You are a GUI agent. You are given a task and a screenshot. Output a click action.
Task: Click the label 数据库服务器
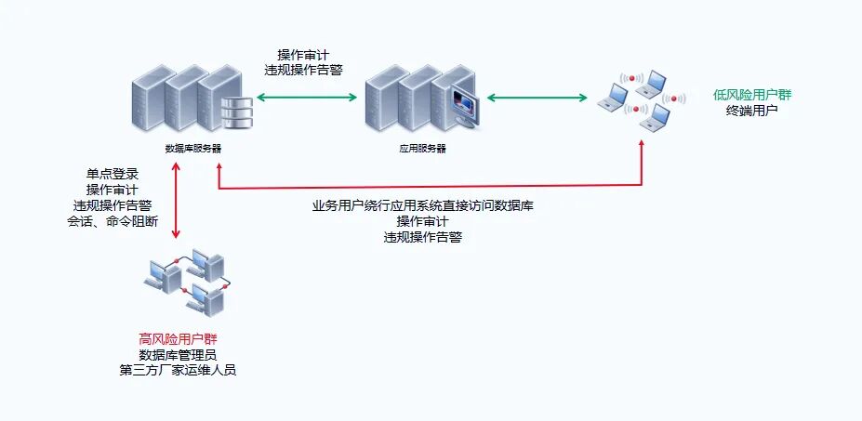coord(192,149)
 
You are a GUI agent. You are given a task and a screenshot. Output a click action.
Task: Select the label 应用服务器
coord(417,149)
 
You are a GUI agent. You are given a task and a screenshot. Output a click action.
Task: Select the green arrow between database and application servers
coord(308,97)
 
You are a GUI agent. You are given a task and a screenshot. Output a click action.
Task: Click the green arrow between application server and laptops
coord(537,97)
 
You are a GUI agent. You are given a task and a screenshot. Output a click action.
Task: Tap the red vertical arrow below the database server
coord(176,200)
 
